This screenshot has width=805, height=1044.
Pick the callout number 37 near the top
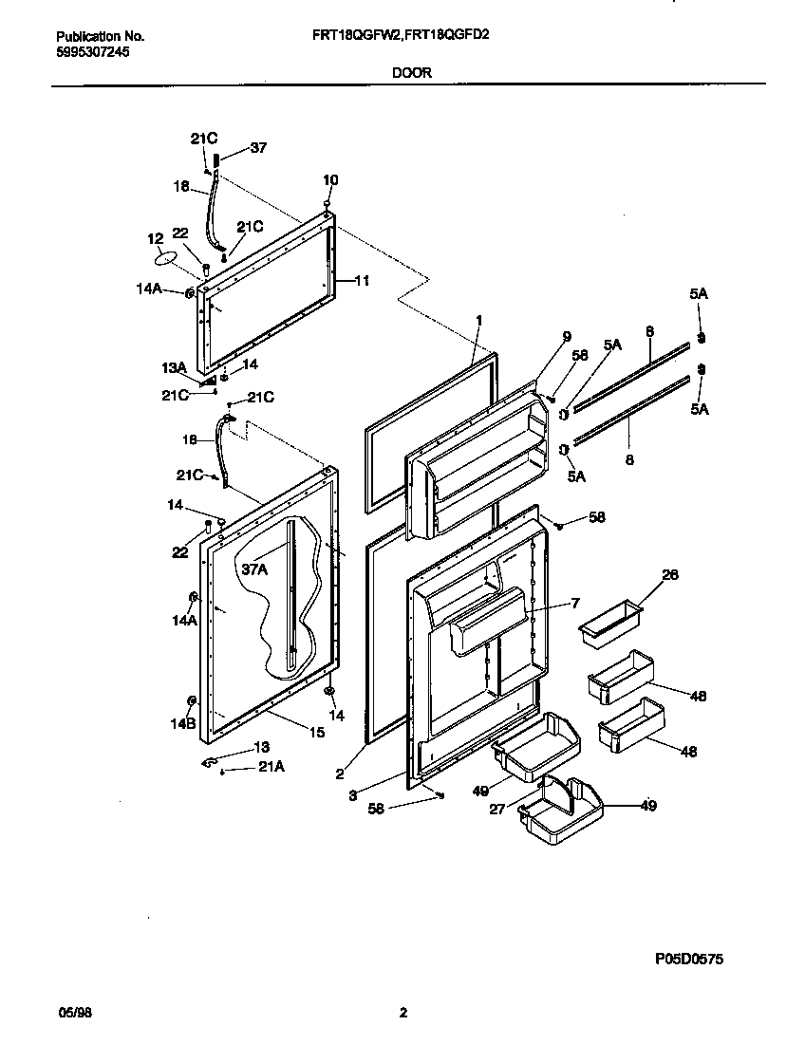click(258, 147)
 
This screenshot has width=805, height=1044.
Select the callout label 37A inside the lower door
click(253, 569)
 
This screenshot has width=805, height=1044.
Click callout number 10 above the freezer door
click(330, 179)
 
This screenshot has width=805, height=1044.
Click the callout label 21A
click(271, 767)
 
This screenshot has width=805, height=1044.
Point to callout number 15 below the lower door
click(317, 732)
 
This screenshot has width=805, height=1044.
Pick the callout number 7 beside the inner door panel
click(574, 604)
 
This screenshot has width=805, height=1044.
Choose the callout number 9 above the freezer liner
click(567, 336)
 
